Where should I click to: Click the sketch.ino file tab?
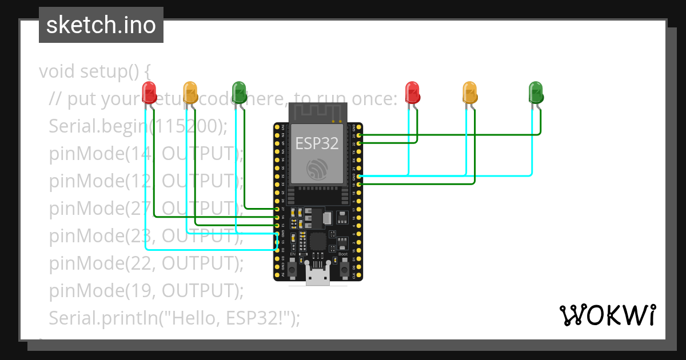pos(101,25)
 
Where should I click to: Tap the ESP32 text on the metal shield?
pos(317,143)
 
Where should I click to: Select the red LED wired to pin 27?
pos(149,91)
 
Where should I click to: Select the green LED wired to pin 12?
pos(239,91)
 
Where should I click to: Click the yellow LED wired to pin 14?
pos(190,91)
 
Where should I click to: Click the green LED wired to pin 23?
pos(536,91)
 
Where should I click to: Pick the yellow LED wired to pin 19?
pos(469,91)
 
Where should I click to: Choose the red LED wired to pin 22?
pos(412,91)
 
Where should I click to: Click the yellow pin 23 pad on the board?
pos(359,135)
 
